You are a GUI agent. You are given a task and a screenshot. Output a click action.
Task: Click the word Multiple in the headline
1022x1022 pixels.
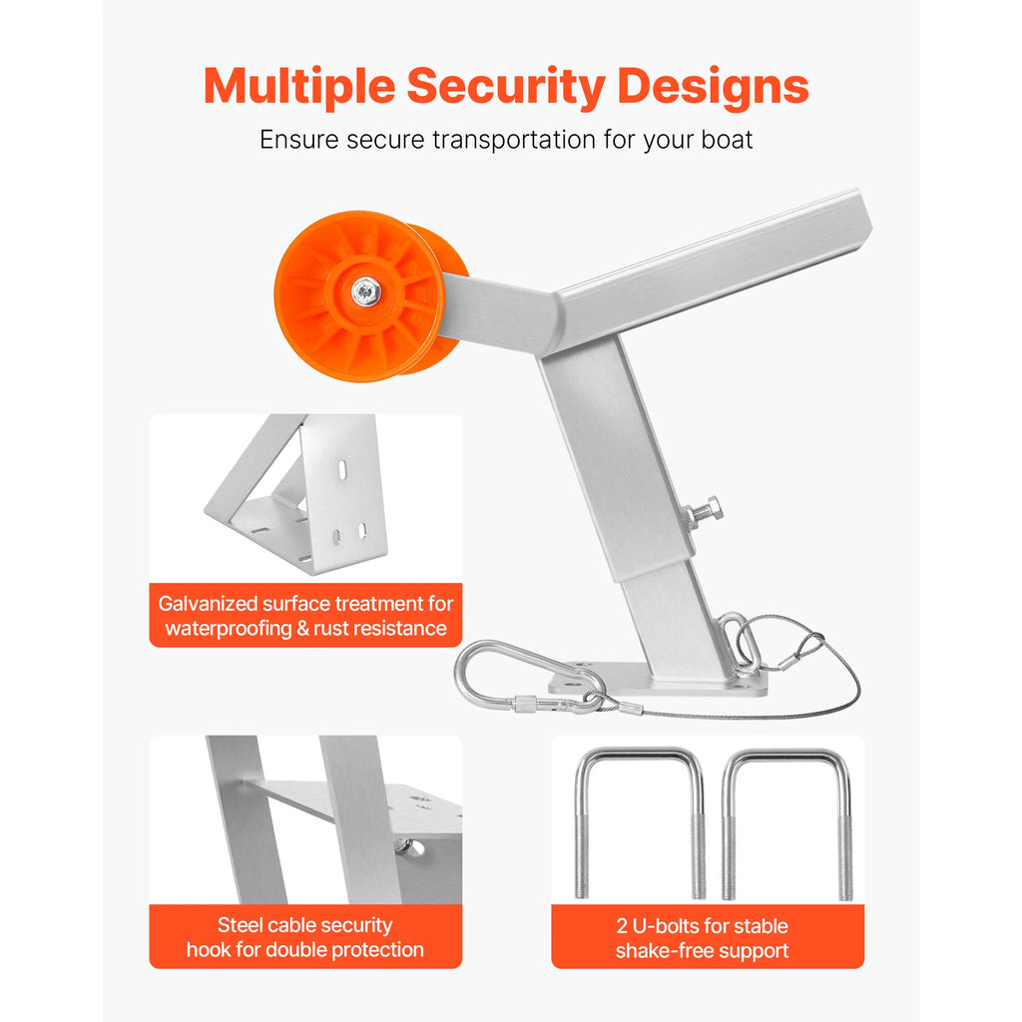[x=299, y=88]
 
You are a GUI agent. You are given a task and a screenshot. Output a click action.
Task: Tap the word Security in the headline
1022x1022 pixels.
[x=506, y=88]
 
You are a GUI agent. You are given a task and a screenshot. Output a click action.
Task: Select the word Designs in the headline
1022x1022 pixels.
[x=713, y=88]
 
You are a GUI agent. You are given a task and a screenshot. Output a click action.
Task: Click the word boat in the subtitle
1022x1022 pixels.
[x=727, y=140]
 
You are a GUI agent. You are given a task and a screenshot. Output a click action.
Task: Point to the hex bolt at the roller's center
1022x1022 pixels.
[x=365, y=291]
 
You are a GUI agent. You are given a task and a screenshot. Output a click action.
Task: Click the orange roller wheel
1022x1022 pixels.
[x=369, y=295]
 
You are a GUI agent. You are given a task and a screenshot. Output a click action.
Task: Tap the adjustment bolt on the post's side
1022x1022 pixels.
[x=705, y=511]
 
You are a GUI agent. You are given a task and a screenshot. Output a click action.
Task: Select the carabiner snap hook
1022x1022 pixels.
[x=529, y=678]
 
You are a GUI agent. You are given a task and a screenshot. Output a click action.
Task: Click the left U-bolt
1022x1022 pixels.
[x=640, y=822]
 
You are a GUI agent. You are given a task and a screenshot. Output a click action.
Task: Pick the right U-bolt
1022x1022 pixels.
[x=787, y=822]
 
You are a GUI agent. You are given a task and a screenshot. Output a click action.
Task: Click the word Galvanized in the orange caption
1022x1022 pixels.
[x=209, y=604]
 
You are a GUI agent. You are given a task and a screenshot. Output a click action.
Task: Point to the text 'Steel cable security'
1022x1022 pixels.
[x=305, y=925]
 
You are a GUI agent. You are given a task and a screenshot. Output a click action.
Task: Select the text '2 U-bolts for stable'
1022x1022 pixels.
[x=703, y=925]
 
